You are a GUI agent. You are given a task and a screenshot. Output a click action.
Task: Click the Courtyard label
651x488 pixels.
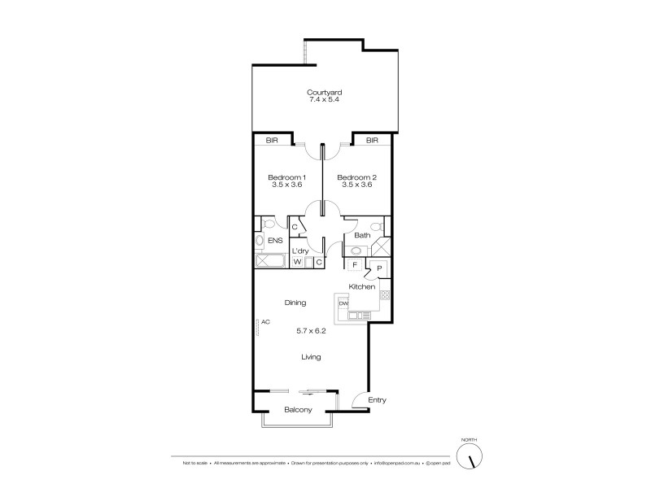[324, 92]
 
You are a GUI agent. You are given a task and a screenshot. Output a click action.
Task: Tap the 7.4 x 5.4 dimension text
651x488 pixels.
[324, 100]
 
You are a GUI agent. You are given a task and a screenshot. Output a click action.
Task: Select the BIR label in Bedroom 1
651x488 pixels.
[271, 140]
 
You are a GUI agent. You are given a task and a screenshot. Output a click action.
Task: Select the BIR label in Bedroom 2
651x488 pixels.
[372, 140]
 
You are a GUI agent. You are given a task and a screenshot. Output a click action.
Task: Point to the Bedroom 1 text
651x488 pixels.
[287, 177]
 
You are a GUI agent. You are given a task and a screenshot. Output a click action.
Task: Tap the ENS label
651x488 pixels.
[275, 241]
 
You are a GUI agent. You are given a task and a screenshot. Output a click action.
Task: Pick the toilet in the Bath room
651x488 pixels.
[376, 227]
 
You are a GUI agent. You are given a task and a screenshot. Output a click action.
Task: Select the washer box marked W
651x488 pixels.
[298, 262]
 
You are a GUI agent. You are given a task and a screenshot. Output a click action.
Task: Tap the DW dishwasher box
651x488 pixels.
[343, 303]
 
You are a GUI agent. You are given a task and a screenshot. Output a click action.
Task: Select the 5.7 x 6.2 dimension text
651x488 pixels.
[311, 331]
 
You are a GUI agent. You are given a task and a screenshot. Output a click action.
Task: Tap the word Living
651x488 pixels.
[311, 356]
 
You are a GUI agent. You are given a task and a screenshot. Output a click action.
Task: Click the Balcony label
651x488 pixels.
[297, 409]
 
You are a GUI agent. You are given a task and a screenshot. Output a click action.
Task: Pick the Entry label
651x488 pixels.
[377, 399]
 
